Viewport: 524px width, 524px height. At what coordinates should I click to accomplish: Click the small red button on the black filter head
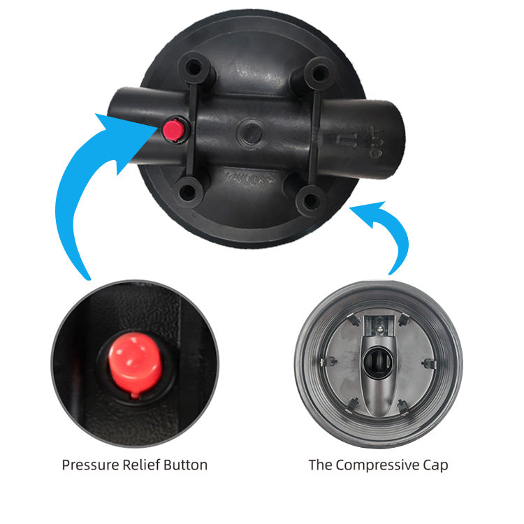173,130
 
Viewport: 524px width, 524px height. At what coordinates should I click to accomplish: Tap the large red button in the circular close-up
135,363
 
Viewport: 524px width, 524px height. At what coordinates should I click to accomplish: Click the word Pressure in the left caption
91,465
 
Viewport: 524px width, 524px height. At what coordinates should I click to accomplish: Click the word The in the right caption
320,465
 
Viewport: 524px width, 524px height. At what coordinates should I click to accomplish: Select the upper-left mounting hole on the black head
194,68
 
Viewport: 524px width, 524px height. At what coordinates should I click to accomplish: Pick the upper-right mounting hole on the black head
319,73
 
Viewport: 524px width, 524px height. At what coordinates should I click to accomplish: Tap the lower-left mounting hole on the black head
187,192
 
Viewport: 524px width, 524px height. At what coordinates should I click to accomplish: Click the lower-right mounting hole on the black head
311,201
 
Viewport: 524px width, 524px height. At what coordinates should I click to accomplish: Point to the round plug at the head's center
252,133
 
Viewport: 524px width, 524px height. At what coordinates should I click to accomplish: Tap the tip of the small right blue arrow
349,208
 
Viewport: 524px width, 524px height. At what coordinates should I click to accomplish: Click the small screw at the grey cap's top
379,330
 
